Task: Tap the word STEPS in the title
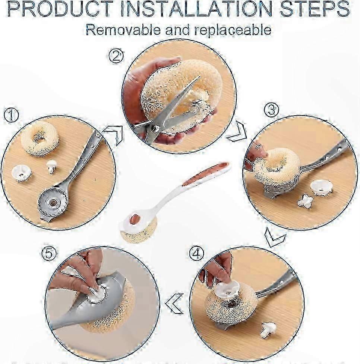click(x=315, y=9)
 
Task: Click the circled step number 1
click(x=11, y=115)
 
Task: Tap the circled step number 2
click(x=116, y=56)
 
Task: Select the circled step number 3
click(x=272, y=110)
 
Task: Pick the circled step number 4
click(x=196, y=253)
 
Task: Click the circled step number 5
click(x=49, y=253)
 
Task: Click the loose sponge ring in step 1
click(x=40, y=139)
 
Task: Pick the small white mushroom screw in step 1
click(x=51, y=166)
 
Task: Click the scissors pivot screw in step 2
click(x=155, y=128)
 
